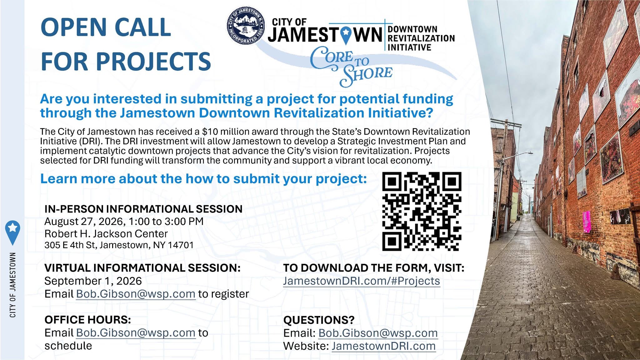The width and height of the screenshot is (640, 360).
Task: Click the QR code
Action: pyautogui.click(x=422, y=212)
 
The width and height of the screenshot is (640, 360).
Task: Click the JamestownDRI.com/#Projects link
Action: pyautogui.click(x=362, y=281)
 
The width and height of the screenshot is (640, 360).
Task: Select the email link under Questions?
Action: pyautogui.click(x=378, y=333)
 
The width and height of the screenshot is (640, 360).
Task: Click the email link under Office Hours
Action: pyautogui.click(x=136, y=333)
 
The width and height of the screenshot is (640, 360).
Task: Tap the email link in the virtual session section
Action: pyautogui.click(x=136, y=294)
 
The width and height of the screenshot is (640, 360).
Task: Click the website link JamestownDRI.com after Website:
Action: pyautogui.click(x=383, y=346)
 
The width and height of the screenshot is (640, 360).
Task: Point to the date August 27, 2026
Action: pyautogui.click(x=85, y=222)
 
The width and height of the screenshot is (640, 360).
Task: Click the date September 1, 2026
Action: pyautogui.click(x=93, y=281)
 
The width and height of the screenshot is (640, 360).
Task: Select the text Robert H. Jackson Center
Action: pyautogui.click(x=106, y=234)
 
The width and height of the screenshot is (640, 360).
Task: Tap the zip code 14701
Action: pyautogui.click(x=181, y=245)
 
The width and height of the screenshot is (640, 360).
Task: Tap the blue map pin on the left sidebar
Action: pyautogui.click(x=13, y=232)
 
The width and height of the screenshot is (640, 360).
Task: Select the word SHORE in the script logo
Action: pyautogui.click(x=366, y=75)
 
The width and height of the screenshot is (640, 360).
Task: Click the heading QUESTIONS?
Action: pyautogui.click(x=319, y=320)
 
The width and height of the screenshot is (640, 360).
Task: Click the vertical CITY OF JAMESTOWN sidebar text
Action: pyautogui.click(x=13, y=285)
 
